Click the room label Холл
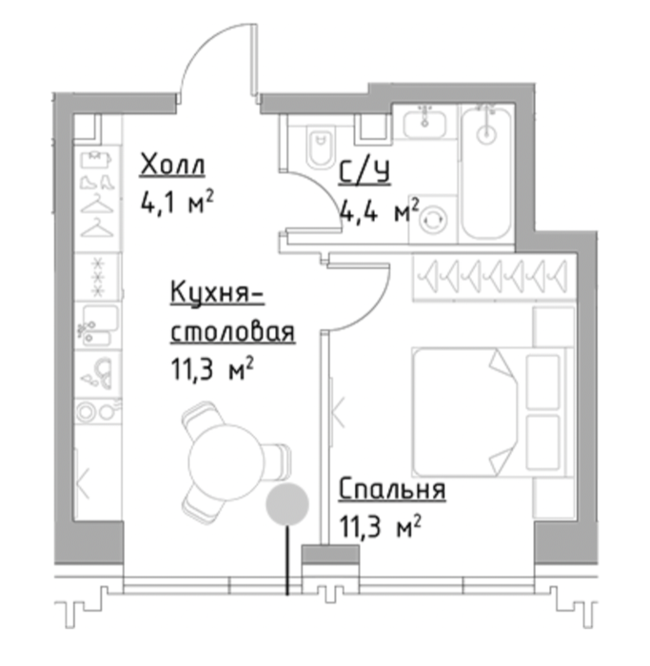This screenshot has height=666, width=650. tap(172, 165)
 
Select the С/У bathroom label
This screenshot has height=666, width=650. tap(364, 173)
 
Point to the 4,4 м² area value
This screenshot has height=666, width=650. tap(380, 210)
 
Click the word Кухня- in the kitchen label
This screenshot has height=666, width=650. tap(217, 293)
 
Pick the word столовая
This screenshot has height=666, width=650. tap(232, 332)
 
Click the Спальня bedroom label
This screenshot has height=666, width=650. tap(392, 489)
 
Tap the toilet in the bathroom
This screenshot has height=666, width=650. tap(320, 147)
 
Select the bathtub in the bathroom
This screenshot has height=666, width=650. tap(486, 172)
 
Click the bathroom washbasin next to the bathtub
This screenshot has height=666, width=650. tap(424, 122)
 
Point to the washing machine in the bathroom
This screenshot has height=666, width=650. tap(432, 219)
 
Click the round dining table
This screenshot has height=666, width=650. tap(227, 462)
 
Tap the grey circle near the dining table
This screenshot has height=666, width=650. tap(287, 503)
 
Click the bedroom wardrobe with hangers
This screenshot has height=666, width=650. tap(495, 277)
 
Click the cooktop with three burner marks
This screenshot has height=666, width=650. tap(98, 278)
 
